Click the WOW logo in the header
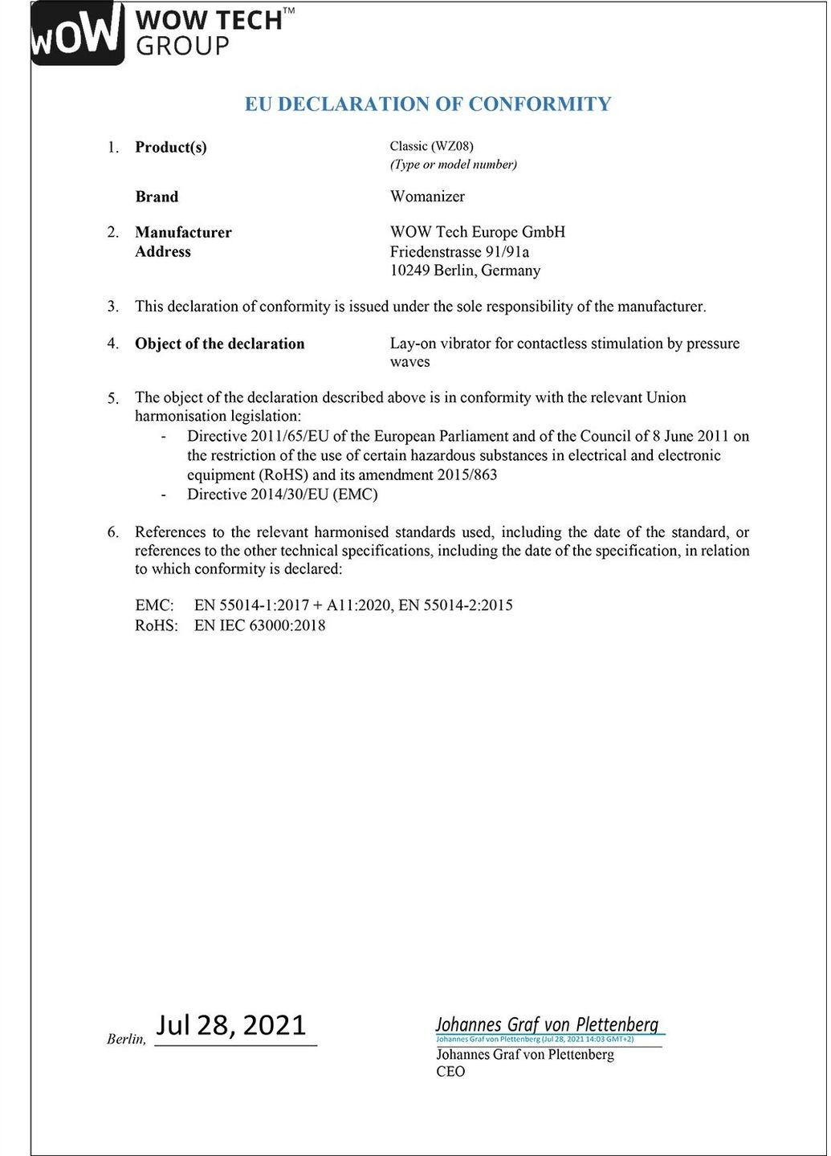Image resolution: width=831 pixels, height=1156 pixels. pyautogui.click(x=77, y=34)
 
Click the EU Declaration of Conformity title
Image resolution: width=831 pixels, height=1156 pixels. pyautogui.click(x=428, y=104)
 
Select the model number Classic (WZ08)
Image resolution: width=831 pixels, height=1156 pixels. pyautogui.click(x=431, y=146)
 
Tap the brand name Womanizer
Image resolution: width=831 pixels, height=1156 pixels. pyautogui.click(x=427, y=197)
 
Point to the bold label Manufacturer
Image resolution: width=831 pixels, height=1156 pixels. pyautogui.click(x=183, y=233)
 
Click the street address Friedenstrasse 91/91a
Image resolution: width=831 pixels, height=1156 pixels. pyautogui.click(x=459, y=252)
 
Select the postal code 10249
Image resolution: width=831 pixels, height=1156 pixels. pyautogui.click(x=409, y=271)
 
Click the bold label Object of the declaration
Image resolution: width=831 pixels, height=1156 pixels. pyautogui.click(x=219, y=344)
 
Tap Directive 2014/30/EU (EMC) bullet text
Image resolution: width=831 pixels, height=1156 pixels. pyautogui.click(x=282, y=495)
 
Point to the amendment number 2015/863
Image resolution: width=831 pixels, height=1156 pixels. pyautogui.click(x=467, y=474)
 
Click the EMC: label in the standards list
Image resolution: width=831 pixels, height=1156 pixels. pyautogui.click(x=154, y=605)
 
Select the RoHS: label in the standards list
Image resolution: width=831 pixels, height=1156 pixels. pyautogui.click(x=156, y=625)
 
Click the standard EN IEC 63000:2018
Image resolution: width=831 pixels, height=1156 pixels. pyautogui.click(x=259, y=625)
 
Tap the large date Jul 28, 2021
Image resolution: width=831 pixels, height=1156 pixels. pyautogui.click(x=231, y=1025)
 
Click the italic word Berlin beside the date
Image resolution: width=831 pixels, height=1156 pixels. pyautogui.click(x=124, y=1040)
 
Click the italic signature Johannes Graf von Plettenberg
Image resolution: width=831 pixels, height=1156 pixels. pyautogui.click(x=547, y=1024)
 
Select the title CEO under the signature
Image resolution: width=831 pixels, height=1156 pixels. pyautogui.click(x=450, y=1072)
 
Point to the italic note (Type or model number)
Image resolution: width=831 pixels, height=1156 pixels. pyautogui.click(x=454, y=165)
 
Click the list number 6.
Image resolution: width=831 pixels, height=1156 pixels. pyautogui.click(x=113, y=532)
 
